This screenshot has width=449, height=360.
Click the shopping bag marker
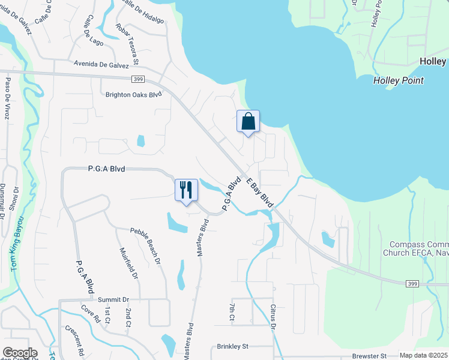(248, 122)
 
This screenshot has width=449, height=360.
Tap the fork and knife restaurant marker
(186, 190)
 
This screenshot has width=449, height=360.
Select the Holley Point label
(398, 80)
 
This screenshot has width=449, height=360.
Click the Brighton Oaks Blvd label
(134, 94)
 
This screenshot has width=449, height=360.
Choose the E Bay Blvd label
(259, 193)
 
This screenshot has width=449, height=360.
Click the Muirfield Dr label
(129, 265)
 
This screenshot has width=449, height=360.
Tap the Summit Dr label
(113, 299)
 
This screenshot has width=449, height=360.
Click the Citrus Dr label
(272, 315)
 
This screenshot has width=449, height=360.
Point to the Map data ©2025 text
(423, 355)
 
